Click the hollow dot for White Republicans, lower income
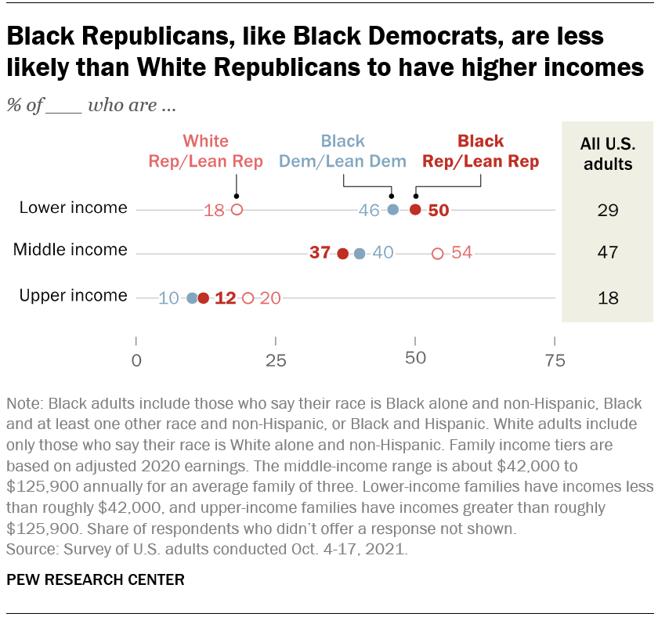tap(237, 209)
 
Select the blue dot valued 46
tap(393, 209)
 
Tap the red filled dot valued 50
tap(416, 209)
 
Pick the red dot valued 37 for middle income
tap(342, 253)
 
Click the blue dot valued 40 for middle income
tap(360, 253)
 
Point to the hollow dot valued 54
tap(438, 253)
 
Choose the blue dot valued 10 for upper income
tap(193, 298)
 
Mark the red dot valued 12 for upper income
tap(204, 298)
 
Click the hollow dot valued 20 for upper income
tap(248, 298)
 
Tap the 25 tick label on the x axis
tap(276, 360)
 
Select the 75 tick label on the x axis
tap(555, 360)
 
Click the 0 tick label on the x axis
tap(137, 360)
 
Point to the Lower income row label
tap(74, 208)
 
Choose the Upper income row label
tap(73, 296)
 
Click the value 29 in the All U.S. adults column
tap(607, 210)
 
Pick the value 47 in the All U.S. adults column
tap(607, 253)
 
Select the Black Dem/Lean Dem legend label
tap(343, 152)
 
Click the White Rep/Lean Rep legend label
tap(205, 152)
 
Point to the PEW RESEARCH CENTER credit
tap(96, 580)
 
